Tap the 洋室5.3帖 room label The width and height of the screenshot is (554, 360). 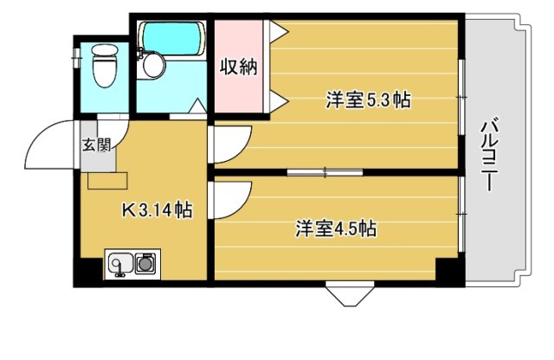[x=368, y=100]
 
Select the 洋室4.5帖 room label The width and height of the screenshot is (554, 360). [x=336, y=229]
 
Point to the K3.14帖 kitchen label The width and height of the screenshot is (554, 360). [x=156, y=209]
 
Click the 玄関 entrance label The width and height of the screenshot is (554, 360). [x=95, y=145]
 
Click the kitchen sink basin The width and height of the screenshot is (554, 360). [x=120, y=262]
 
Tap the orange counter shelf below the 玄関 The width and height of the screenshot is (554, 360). [x=107, y=180]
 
